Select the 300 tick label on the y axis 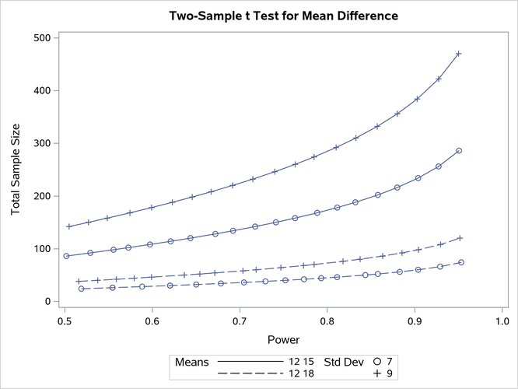pos(40,143)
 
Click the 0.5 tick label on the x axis pos(65,320)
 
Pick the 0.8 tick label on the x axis pos(327,320)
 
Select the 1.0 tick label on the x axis pos(502,320)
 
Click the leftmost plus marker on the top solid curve pos(69,226)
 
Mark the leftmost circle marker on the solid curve pos(67,256)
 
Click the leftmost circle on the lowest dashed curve pos(81,289)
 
